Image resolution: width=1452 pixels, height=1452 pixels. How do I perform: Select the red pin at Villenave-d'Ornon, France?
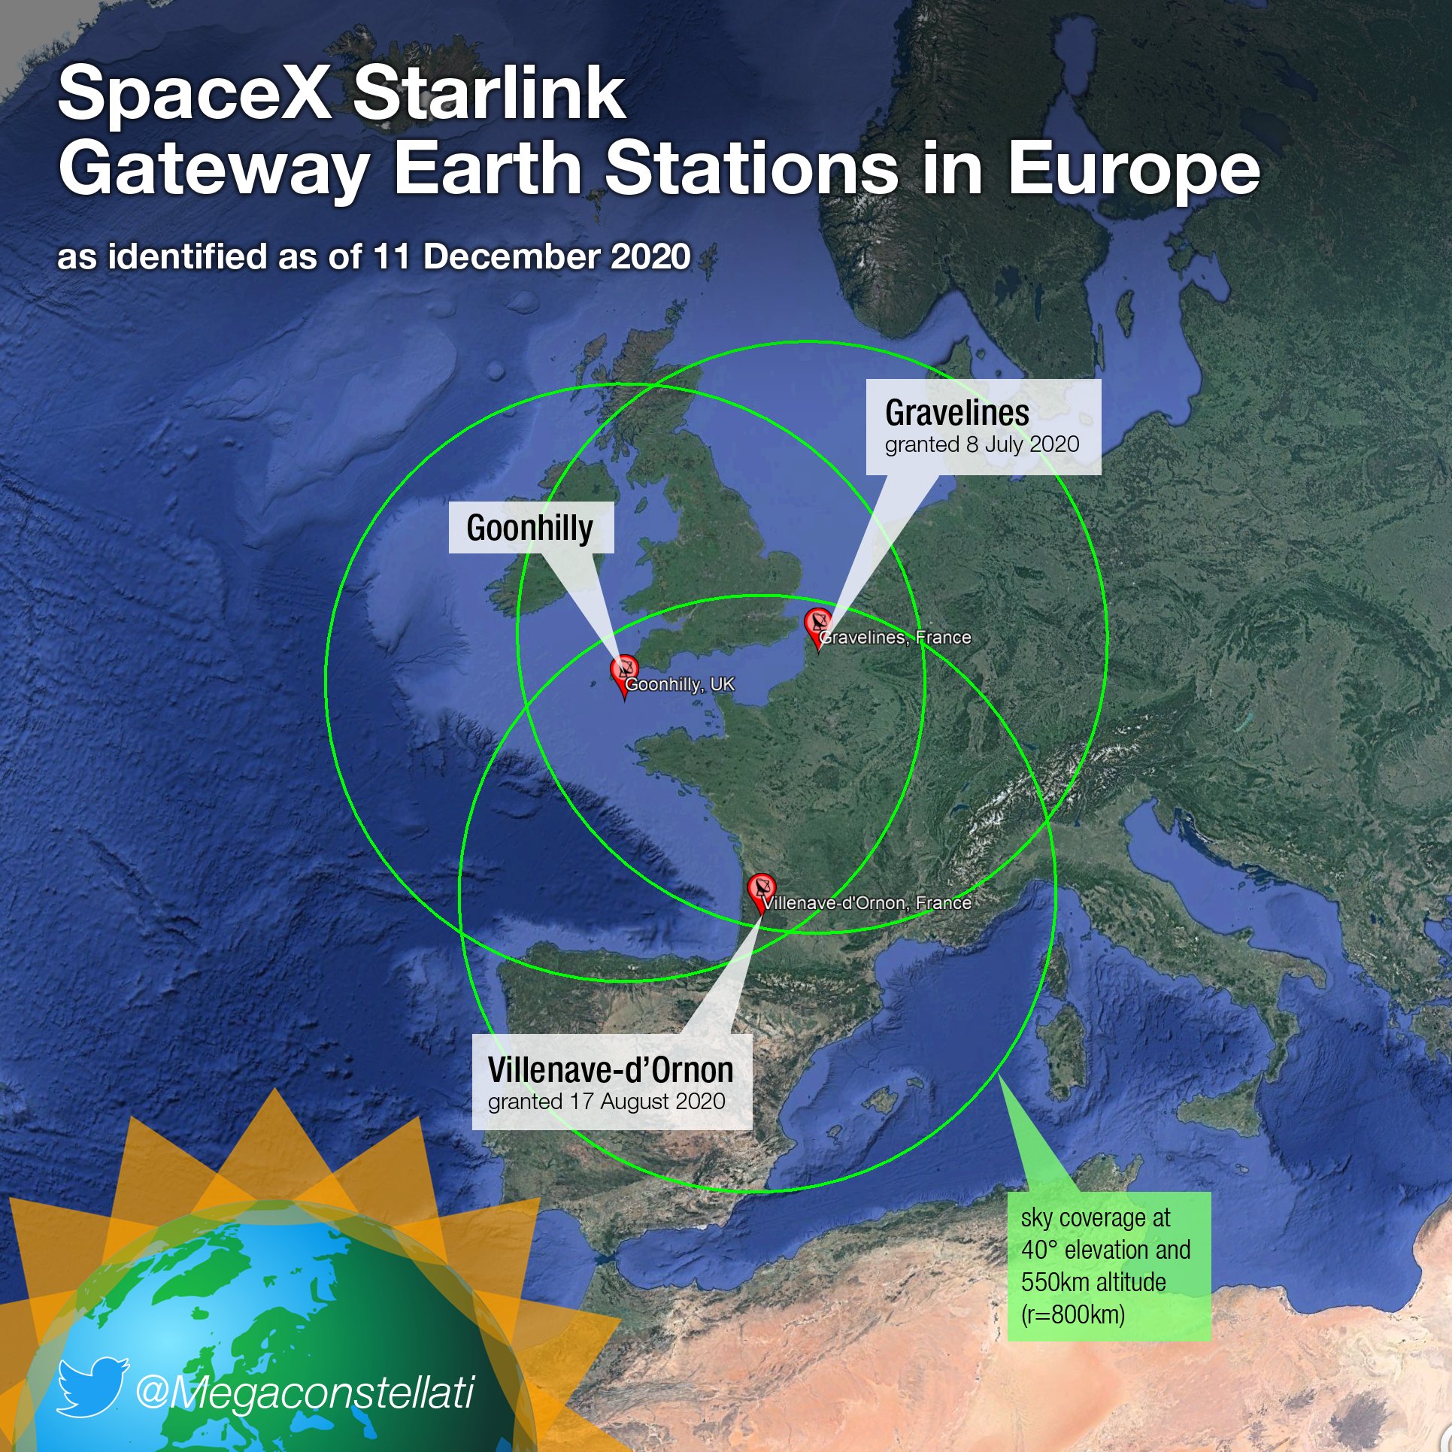tap(761, 890)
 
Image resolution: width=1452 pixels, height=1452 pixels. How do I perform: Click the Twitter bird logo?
tap(92, 1386)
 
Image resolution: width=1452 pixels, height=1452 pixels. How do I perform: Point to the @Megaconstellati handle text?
tap(305, 1391)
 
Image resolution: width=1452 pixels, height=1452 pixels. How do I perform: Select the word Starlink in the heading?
tap(489, 94)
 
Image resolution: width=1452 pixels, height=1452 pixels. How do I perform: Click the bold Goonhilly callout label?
tap(529, 528)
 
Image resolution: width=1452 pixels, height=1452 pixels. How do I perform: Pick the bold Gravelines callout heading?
tap(956, 413)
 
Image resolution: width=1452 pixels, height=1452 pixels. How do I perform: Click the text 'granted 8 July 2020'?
tap(981, 444)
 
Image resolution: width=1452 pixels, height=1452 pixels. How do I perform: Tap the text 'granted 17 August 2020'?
tap(606, 1102)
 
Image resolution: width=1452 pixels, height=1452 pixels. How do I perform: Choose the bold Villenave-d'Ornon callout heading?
tap(610, 1069)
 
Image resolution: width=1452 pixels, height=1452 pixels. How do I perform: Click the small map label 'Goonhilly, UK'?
tap(680, 684)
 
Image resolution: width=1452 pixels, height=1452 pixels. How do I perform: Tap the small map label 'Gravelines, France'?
tap(896, 638)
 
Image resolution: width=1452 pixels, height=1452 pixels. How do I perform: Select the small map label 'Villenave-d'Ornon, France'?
tap(868, 902)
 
